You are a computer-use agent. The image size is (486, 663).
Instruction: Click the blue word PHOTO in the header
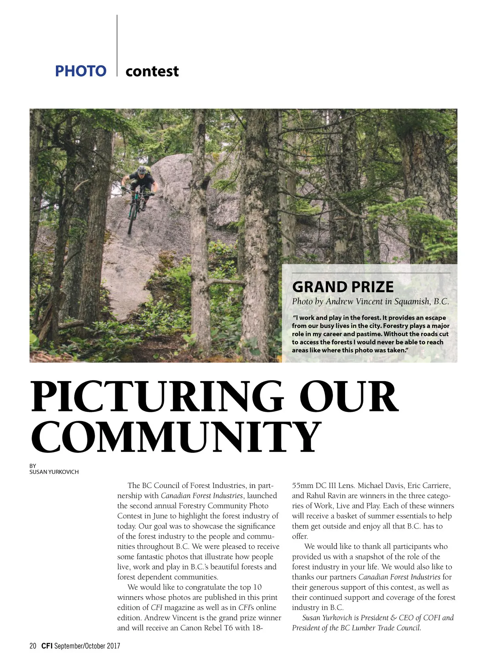[x=81, y=71]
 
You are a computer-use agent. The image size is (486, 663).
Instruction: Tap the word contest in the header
[x=152, y=72]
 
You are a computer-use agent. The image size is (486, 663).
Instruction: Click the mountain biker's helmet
[x=142, y=170]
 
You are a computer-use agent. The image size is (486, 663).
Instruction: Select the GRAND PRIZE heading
[x=343, y=287]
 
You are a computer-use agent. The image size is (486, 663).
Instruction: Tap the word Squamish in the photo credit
[x=412, y=301]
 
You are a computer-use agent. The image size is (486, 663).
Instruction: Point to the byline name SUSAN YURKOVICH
[x=54, y=472]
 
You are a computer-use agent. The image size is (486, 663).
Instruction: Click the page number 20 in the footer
[x=33, y=646]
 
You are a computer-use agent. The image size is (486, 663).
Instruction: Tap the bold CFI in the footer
[x=47, y=646]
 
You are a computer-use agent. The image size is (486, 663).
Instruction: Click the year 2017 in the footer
[x=113, y=646]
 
